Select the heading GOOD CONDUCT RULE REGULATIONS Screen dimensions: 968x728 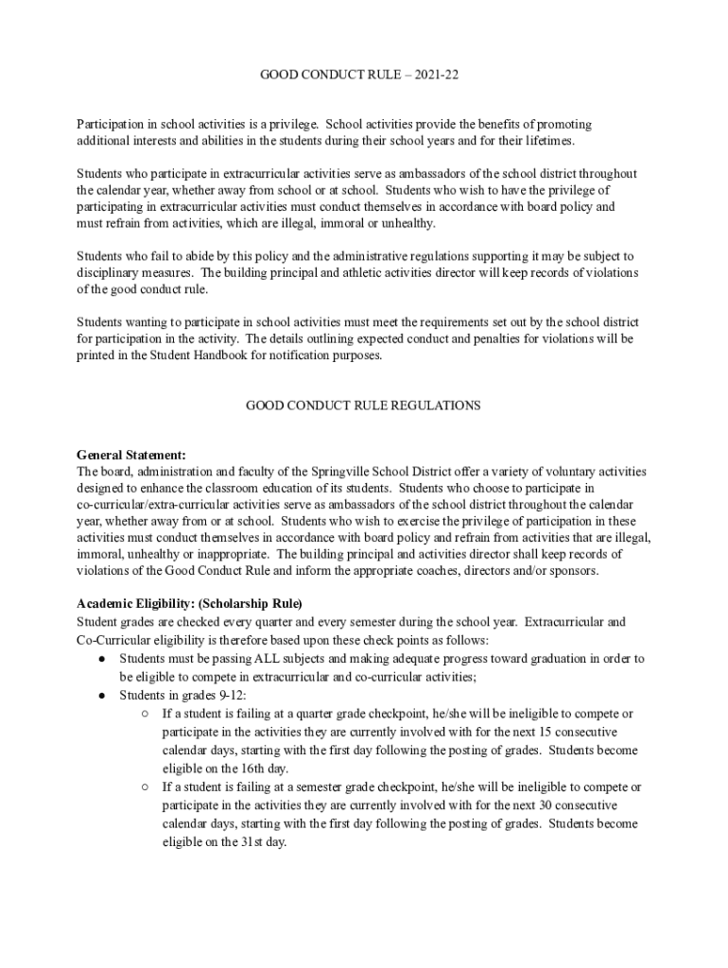363,406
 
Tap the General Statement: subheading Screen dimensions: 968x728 130,455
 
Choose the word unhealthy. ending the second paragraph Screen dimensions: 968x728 406,224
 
